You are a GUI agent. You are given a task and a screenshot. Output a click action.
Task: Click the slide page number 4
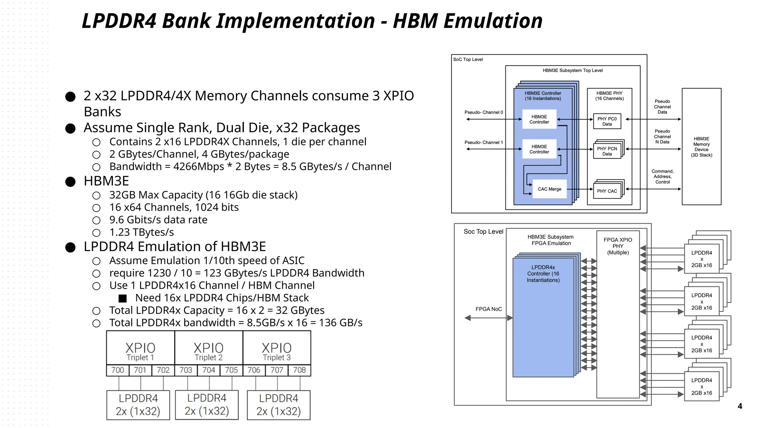739,406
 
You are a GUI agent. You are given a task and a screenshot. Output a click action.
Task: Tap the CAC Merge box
549,189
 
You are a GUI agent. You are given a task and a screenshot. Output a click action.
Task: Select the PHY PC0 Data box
607,121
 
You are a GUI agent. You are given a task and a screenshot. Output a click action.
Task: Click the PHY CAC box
607,191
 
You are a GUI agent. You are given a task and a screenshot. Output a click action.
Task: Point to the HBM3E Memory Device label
701,147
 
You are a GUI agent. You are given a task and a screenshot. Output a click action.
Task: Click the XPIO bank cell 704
208,370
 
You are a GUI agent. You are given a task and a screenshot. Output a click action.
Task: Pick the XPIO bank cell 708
299,370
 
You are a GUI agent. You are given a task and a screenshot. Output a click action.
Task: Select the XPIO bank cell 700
117,370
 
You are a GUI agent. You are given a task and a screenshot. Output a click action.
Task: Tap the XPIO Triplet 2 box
208,348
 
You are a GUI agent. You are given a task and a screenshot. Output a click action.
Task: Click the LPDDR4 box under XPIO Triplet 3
278,405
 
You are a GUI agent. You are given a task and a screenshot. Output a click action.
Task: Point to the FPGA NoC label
489,309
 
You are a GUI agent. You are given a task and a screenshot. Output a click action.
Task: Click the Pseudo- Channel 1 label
483,142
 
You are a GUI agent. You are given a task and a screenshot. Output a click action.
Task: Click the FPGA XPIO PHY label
618,246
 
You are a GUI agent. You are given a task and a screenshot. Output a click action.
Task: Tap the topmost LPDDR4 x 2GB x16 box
702,259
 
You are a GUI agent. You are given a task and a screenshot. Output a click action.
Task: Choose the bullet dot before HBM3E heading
70,182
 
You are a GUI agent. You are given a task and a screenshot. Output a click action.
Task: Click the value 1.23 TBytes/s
142,232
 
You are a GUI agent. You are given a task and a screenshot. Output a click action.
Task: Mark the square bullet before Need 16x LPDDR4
123,298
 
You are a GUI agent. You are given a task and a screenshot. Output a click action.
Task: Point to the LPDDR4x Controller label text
543,273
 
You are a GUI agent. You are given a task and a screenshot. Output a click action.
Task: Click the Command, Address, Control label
662,176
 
